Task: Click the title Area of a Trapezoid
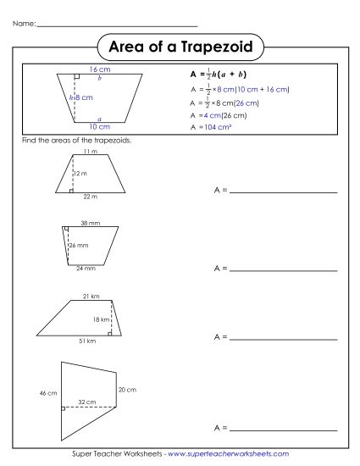180,44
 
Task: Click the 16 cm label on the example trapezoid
99,69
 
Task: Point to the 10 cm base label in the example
99,125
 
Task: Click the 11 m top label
90,151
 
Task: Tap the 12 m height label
80,173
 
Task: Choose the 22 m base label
90,197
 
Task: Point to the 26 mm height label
78,245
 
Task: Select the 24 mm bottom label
85,269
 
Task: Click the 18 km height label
101,319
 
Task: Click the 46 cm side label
47,394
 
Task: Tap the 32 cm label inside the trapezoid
86,400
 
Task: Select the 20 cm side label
127,389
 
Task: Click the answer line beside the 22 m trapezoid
283,192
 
